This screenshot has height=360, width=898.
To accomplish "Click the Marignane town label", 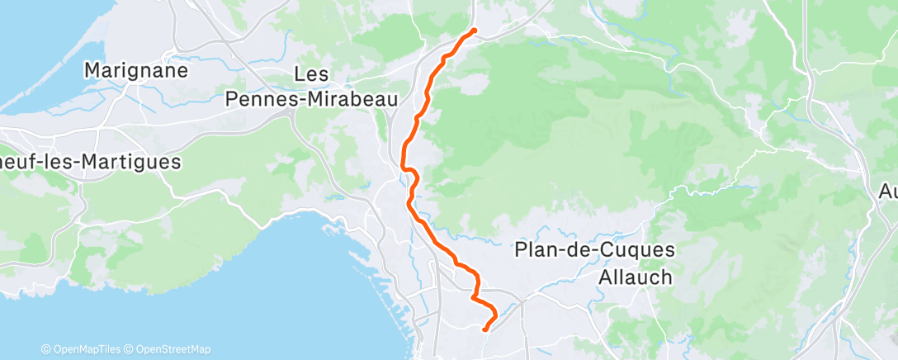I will pos(136,70).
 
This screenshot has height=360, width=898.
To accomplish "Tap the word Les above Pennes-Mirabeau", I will pos(312,75).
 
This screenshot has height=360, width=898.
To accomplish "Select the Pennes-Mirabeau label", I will pos(312,99).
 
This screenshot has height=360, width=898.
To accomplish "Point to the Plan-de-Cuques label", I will pos(594,250).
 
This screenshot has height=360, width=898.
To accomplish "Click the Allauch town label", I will pos(636,277).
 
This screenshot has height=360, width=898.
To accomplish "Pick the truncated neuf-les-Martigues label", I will pos(89,162).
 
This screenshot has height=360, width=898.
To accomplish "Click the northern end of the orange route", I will pos(474,31).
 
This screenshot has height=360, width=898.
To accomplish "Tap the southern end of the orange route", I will pos(484,330).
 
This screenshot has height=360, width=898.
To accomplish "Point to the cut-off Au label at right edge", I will pos(887,192).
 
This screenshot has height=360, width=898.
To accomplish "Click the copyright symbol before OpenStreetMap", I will pos(129,349).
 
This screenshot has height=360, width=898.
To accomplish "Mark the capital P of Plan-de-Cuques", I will pos(521,250).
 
